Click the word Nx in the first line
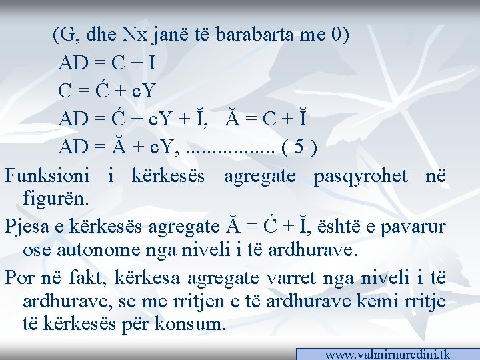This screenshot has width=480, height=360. tap(139, 34)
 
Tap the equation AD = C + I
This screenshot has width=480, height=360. tap(107, 63)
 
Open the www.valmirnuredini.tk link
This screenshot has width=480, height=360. tap(387, 354)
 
